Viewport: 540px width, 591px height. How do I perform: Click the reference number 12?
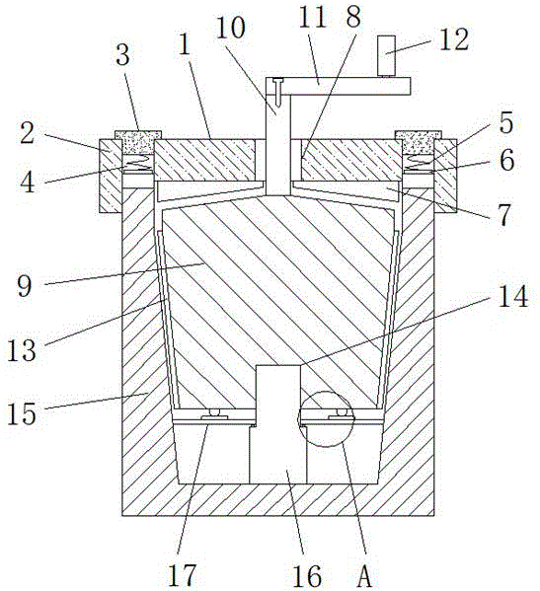point(454,39)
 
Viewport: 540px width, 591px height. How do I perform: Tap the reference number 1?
point(184,43)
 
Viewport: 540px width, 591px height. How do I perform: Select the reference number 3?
point(122,56)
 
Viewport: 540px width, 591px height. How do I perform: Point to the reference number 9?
point(25,286)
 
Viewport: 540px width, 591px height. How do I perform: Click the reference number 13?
point(22,350)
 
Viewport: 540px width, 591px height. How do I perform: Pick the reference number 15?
point(22,413)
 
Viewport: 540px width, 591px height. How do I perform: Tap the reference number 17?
point(183,575)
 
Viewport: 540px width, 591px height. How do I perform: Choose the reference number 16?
point(307,575)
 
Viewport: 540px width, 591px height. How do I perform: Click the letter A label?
point(364,576)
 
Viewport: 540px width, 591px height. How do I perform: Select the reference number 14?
point(512,296)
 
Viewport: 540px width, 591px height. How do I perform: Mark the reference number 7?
point(504,215)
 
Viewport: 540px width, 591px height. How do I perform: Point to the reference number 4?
point(27,183)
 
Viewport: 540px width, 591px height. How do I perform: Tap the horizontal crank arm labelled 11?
point(338,86)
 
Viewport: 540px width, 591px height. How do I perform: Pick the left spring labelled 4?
point(138,163)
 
